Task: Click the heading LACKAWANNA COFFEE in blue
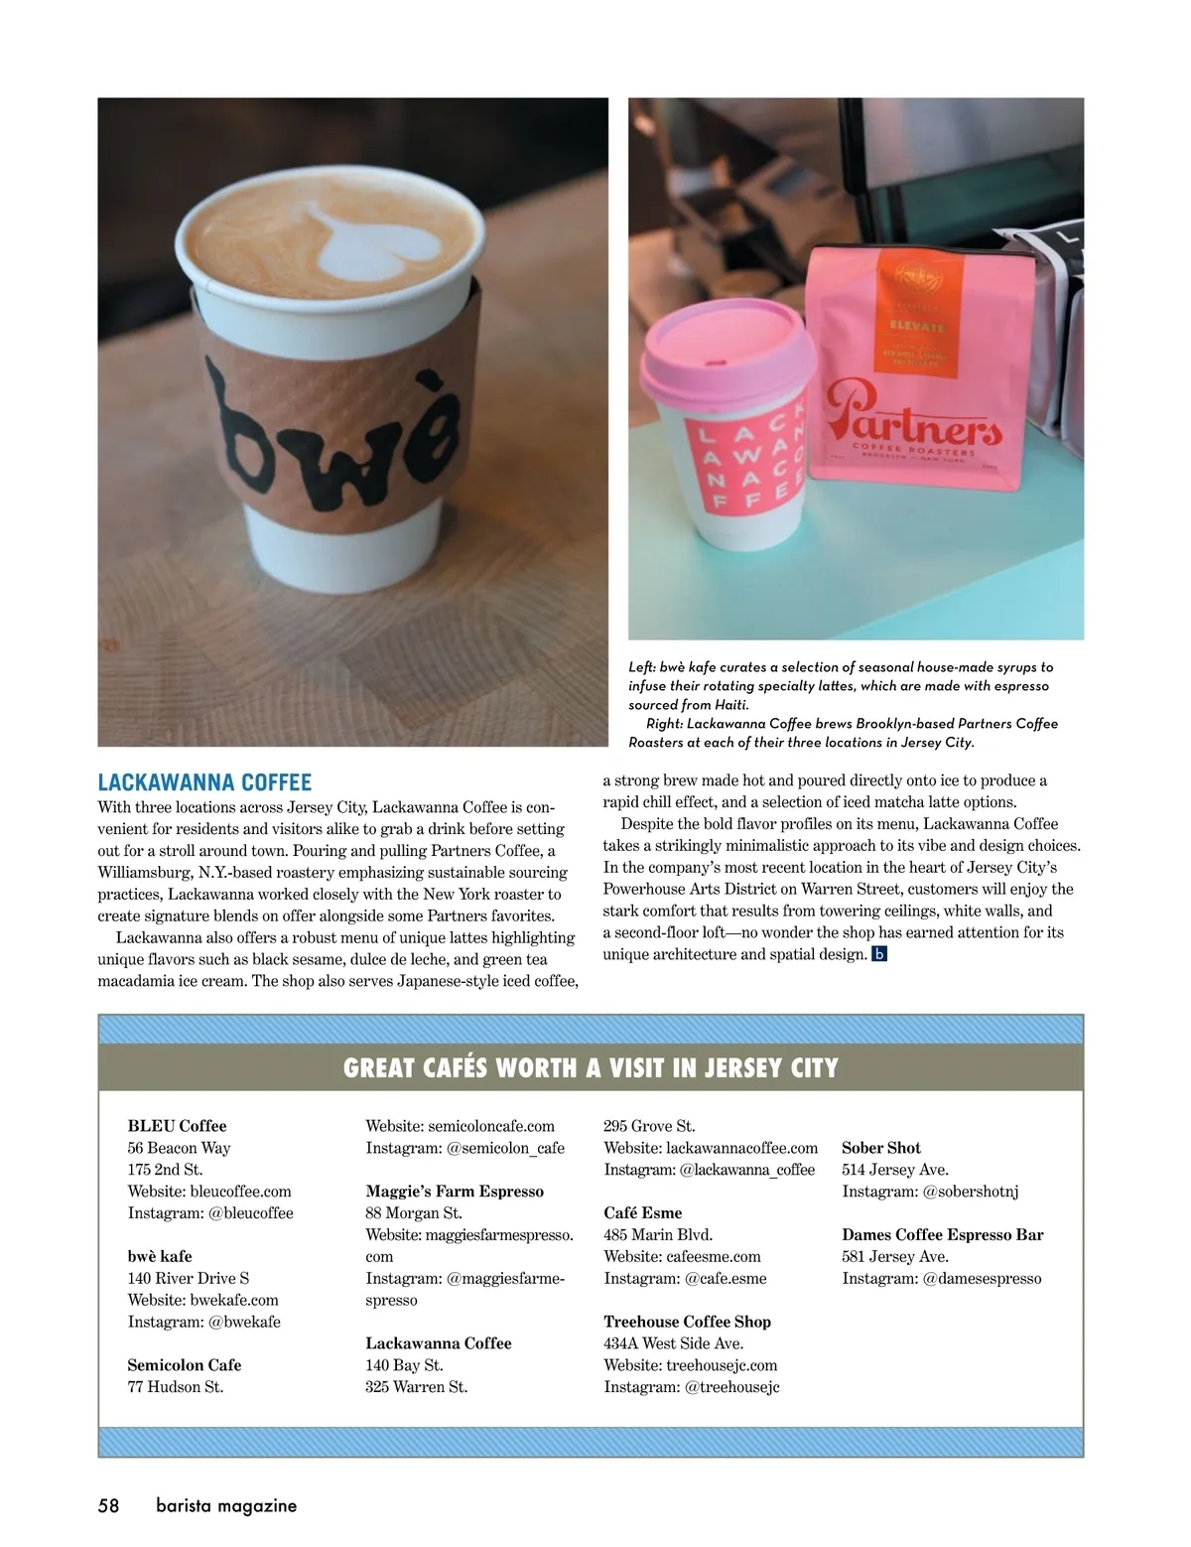coord(204,782)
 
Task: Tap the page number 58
coord(108,1505)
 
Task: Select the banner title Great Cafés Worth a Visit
coord(591,1067)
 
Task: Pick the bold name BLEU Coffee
coord(177,1126)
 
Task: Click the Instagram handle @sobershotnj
coord(930,1192)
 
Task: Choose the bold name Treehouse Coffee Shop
coord(687,1322)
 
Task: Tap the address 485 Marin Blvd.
coord(658,1235)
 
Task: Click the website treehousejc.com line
coord(690,1365)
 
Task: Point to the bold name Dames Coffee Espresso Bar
coord(942,1235)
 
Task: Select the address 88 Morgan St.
coord(413,1213)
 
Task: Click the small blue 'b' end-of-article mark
coord(878,954)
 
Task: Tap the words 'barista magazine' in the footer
coord(226,1505)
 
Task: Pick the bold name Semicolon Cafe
coord(185,1365)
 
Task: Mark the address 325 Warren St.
coord(416,1387)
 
